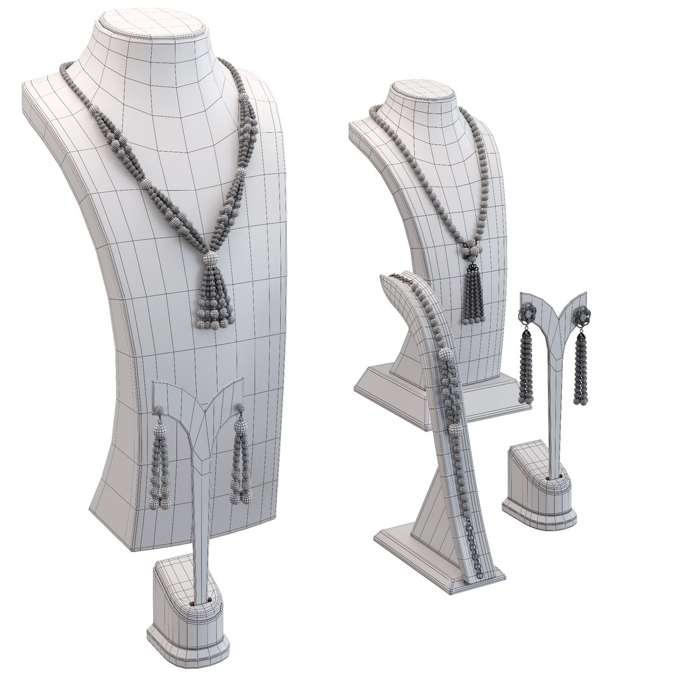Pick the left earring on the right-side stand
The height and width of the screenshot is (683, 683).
click(527, 360)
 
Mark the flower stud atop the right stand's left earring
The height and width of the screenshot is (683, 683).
click(526, 314)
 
